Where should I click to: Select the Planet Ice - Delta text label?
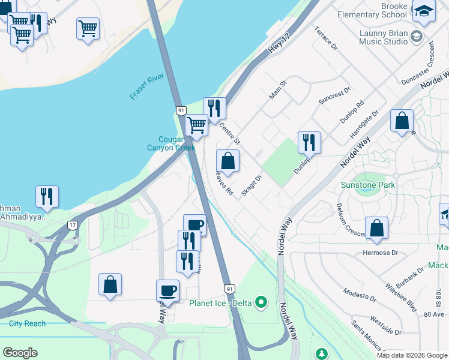click(x=220, y=302)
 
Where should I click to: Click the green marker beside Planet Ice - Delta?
click(x=261, y=302)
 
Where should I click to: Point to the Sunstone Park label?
click(x=368, y=185)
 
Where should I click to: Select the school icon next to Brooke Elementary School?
click(x=424, y=11)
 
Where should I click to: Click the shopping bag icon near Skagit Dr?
click(x=228, y=161)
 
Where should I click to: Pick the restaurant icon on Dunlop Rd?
click(x=309, y=143)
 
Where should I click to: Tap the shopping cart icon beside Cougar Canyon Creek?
click(x=196, y=126)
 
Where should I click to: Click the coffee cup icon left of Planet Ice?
click(x=167, y=290)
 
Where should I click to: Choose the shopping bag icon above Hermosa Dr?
click(x=376, y=228)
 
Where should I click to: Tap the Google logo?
click(x=20, y=353)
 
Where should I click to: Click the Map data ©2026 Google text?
click(x=412, y=355)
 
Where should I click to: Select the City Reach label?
click(x=27, y=323)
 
